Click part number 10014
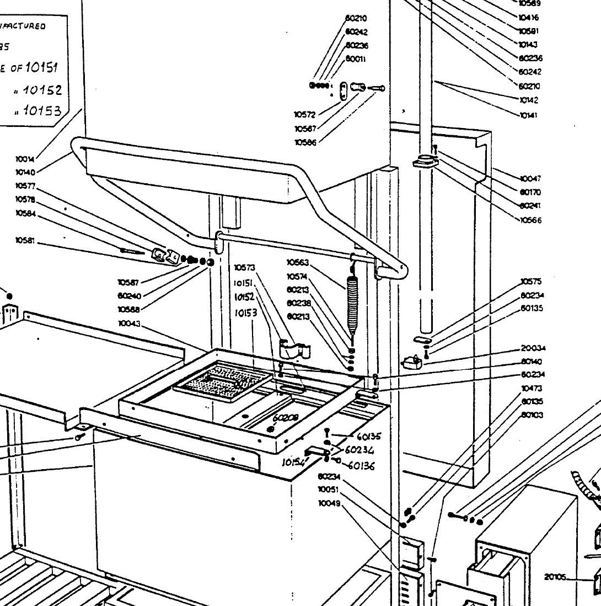(25, 160)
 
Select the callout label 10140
(25, 173)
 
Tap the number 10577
(25, 186)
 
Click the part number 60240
(128, 295)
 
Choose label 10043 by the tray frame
(128, 323)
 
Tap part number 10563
(298, 263)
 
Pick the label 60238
(298, 303)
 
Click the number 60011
(355, 59)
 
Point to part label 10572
(304, 115)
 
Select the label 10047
(530, 179)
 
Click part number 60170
(530, 193)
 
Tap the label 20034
(533, 348)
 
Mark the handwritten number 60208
(285, 418)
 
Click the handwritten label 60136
(361, 466)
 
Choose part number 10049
(329, 503)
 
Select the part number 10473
(532, 389)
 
